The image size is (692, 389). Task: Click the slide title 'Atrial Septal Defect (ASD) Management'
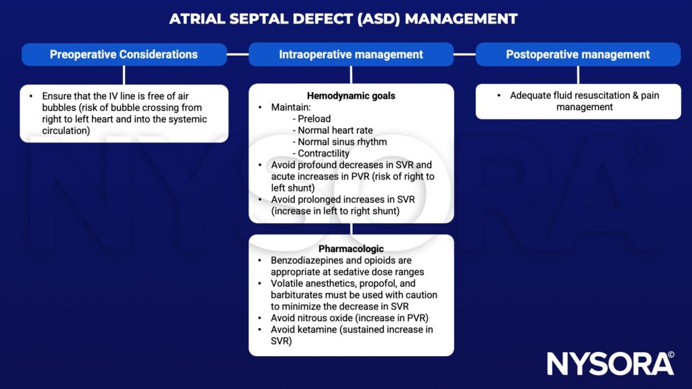343,18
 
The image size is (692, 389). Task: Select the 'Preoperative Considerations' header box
124,54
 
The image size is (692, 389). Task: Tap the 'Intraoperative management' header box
351,54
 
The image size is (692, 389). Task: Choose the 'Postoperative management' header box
578,54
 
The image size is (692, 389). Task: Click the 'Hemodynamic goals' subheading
351,95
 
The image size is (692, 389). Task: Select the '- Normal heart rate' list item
333,130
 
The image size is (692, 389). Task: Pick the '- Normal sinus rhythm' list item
339,142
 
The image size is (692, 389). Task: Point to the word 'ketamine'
320,329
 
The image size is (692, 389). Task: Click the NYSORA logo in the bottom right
610,363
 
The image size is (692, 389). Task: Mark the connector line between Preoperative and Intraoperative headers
237,54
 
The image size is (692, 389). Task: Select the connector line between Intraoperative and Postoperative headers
464,54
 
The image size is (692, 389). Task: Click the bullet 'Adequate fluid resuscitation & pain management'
584,101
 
